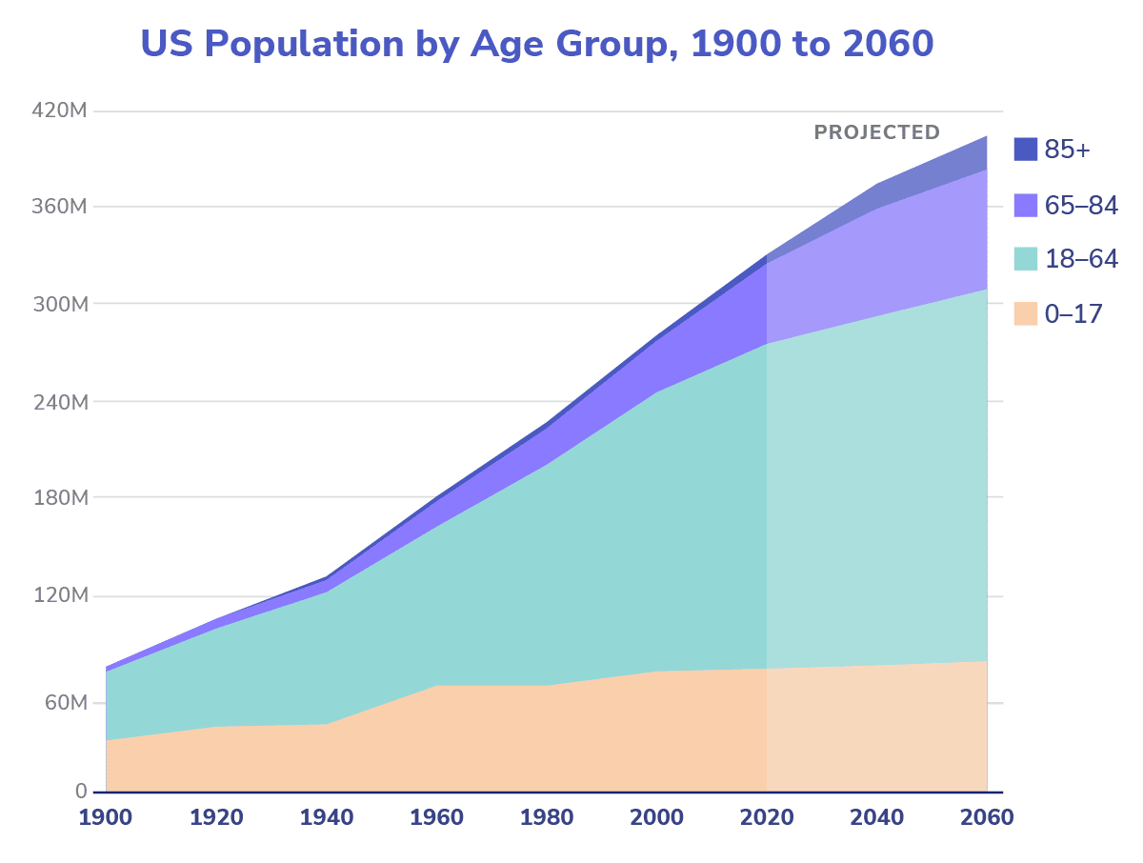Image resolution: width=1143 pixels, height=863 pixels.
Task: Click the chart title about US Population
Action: click(536, 44)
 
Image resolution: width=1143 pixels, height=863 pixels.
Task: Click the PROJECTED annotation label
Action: click(876, 132)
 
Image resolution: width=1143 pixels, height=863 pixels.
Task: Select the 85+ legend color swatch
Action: click(1025, 150)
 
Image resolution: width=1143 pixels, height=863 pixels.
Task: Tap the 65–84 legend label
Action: click(1080, 205)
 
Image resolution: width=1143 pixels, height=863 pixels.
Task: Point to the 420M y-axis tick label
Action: click(59, 111)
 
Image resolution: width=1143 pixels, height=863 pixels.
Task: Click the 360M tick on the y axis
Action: click(59, 207)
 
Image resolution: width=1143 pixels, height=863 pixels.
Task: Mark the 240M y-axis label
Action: click(59, 402)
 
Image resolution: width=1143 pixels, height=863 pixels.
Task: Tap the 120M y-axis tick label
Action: click(59, 596)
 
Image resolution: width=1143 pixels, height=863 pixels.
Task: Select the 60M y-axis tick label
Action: click(64, 703)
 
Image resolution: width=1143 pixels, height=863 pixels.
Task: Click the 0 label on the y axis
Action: click(81, 792)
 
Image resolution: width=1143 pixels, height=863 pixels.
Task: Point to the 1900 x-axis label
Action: click(106, 818)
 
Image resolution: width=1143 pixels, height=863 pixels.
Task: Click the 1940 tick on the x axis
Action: click(327, 818)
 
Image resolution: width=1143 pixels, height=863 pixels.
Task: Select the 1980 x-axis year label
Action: click(547, 818)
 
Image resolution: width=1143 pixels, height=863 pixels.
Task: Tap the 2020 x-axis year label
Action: click(767, 818)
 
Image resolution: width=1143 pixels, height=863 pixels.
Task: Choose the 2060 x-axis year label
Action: click(986, 818)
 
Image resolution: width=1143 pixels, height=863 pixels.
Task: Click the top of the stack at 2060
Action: click(986, 136)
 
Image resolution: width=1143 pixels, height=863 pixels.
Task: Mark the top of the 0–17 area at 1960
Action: click(437, 685)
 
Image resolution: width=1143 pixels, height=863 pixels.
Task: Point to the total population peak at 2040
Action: click(876, 184)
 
